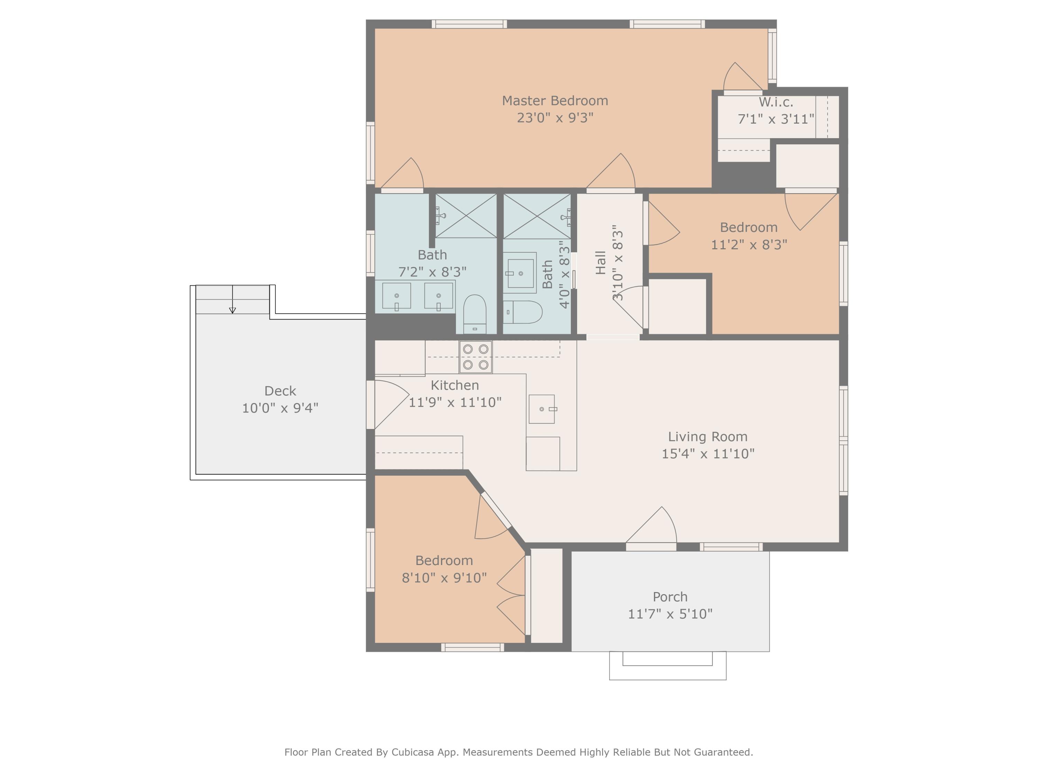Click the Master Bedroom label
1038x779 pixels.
coord(555,100)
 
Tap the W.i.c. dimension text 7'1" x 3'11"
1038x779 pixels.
coord(776,119)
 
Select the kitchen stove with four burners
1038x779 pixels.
coord(475,357)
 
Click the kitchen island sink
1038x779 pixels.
coord(541,409)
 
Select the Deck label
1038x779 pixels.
coord(280,391)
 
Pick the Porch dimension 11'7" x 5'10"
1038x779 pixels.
coord(670,614)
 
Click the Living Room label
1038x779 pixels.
coord(708,436)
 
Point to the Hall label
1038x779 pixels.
coord(601,262)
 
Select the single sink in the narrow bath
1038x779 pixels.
coord(520,273)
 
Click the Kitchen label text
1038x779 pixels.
coord(455,385)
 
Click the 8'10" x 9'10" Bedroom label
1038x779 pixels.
coord(444,560)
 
